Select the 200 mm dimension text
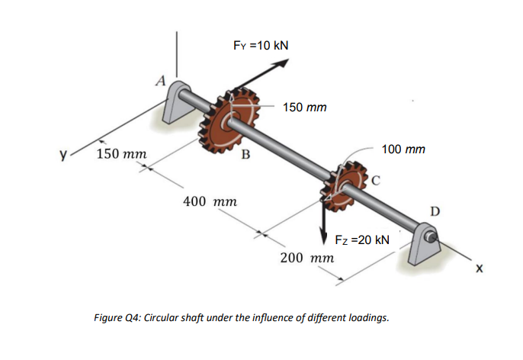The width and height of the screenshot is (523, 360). tap(306, 257)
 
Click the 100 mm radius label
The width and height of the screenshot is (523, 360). tap(404, 149)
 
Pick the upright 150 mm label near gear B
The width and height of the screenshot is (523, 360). tap(304, 108)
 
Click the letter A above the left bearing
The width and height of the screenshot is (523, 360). tap(159, 78)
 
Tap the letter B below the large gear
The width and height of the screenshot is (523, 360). tap(245, 157)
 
